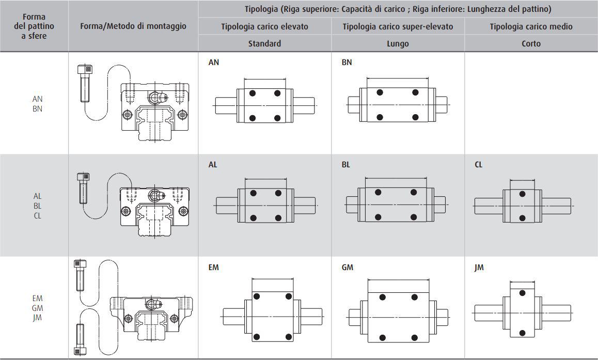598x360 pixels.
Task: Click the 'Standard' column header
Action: tap(264, 43)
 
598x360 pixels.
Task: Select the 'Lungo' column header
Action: tap(398, 44)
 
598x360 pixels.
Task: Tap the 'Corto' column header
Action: tap(531, 43)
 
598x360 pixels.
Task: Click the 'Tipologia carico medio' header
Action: tap(531, 26)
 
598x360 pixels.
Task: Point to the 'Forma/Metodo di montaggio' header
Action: tap(133, 26)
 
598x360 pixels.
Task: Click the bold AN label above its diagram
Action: tap(214, 62)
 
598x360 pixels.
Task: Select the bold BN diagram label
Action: tap(347, 62)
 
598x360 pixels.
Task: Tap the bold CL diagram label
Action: tap(478, 165)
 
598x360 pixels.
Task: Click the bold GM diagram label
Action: tap(348, 268)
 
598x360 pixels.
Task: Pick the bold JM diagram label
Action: tap(479, 268)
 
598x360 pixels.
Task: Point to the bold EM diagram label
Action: tap(214, 268)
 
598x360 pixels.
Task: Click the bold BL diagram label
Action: tap(346, 165)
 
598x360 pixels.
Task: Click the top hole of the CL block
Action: tap(523, 194)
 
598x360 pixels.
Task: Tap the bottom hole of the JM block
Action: tap(522, 333)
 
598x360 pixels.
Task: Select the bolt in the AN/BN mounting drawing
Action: tap(85, 83)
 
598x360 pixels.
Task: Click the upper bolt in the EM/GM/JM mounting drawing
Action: tap(80, 275)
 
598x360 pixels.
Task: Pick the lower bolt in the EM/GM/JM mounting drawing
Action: tap(80, 339)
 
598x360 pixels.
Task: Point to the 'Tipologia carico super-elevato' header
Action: tap(398, 26)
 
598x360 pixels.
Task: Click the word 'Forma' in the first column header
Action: tap(34, 17)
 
